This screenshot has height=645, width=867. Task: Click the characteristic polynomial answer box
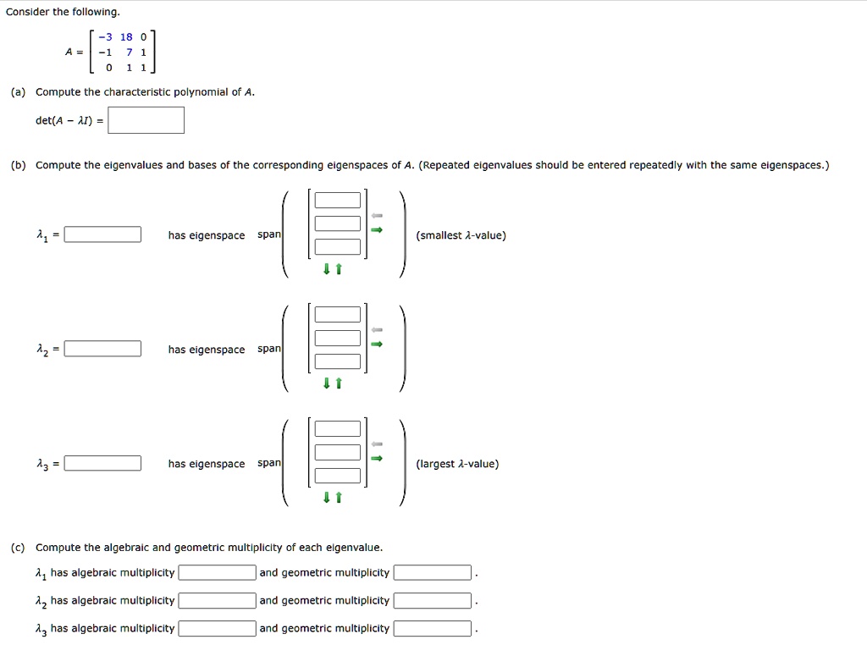pyautogui.click(x=146, y=120)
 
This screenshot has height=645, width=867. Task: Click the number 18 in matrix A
pyautogui.click(x=126, y=36)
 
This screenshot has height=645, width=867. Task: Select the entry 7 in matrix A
pyautogui.click(x=129, y=52)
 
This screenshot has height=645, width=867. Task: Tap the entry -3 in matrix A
pyautogui.click(x=104, y=36)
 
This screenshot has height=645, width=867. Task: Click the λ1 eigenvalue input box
pyautogui.click(x=103, y=235)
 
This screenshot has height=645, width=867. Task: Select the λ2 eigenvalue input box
pyautogui.click(x=103, y=349)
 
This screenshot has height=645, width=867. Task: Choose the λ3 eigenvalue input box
pyautogui.click(x=103, y=463)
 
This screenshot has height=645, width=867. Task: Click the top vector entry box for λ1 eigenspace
pyautogui.click(x=338, y=201)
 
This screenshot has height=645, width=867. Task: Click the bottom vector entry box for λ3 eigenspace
pyautogui.click(x=338, y=476)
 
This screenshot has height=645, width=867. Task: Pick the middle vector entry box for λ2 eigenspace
pyautogui.click(x=338, y=339)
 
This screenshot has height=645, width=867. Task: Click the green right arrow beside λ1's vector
pyautogui.click(x=378, y=230)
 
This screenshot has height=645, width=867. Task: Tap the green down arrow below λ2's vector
pyautogui.click(x=326, y=383)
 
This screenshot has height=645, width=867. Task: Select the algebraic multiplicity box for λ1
pyautogui.click(x=217, y=573)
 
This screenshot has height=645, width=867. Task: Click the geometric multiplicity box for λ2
pyautogui.click(x=432, y=601)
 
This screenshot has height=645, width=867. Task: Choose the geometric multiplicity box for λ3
pyautogui.click(x=432, y=629)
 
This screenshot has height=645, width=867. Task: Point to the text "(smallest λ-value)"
pyautogui.click(x=461, y=235)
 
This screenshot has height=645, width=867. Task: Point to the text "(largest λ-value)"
pyautogui.click(x=457, y=464)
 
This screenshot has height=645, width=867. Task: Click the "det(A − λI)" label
pyautogui.click(x=69, y=121)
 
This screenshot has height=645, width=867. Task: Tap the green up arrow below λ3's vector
pyautogui.click(x=338, y=498)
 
